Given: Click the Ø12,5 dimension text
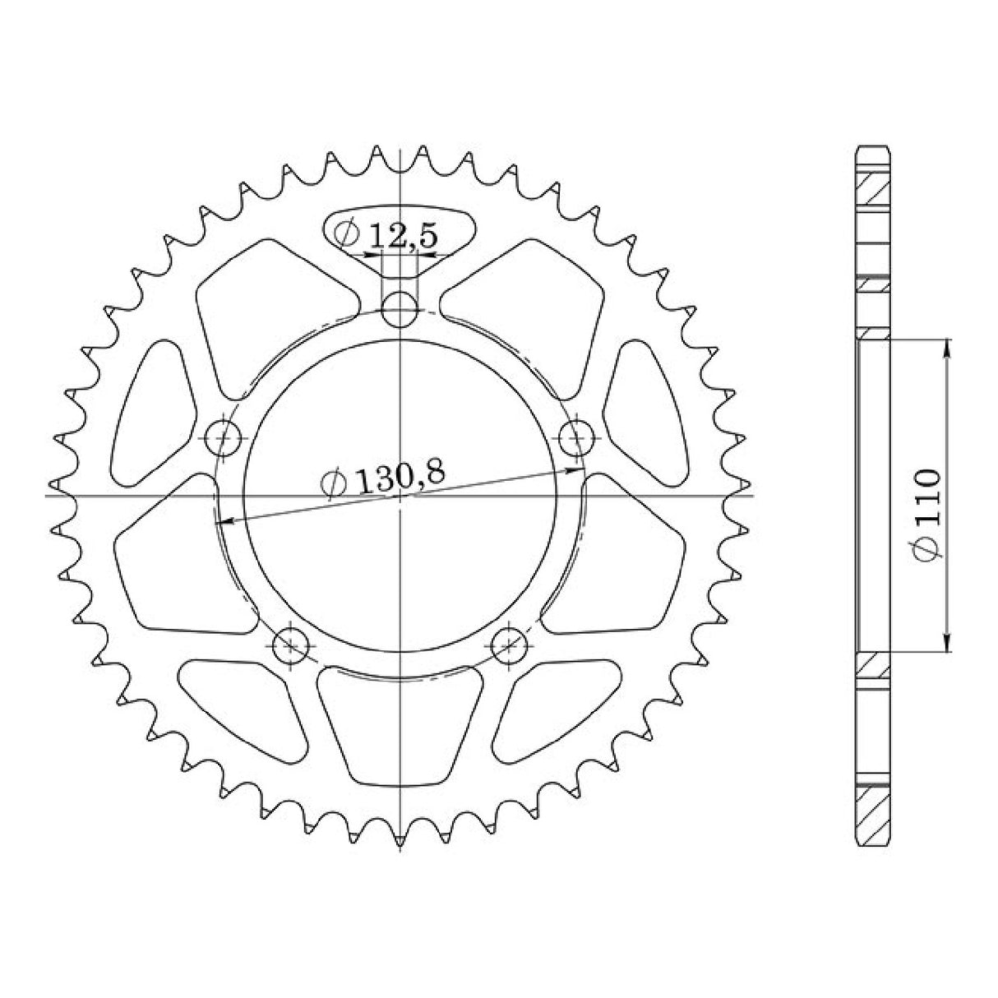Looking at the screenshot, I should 386,235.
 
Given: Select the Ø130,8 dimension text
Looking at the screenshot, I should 384,478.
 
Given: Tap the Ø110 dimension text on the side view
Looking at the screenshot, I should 926,516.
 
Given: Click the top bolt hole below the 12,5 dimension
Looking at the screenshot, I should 400,309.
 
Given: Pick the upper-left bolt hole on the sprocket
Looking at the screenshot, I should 224,437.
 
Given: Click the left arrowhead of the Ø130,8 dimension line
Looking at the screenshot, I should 221,521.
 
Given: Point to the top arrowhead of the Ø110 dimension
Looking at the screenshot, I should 948,347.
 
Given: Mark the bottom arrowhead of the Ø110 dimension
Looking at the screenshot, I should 948,645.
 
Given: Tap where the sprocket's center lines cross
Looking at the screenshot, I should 400,496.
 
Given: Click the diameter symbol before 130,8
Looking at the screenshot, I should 333,484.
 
